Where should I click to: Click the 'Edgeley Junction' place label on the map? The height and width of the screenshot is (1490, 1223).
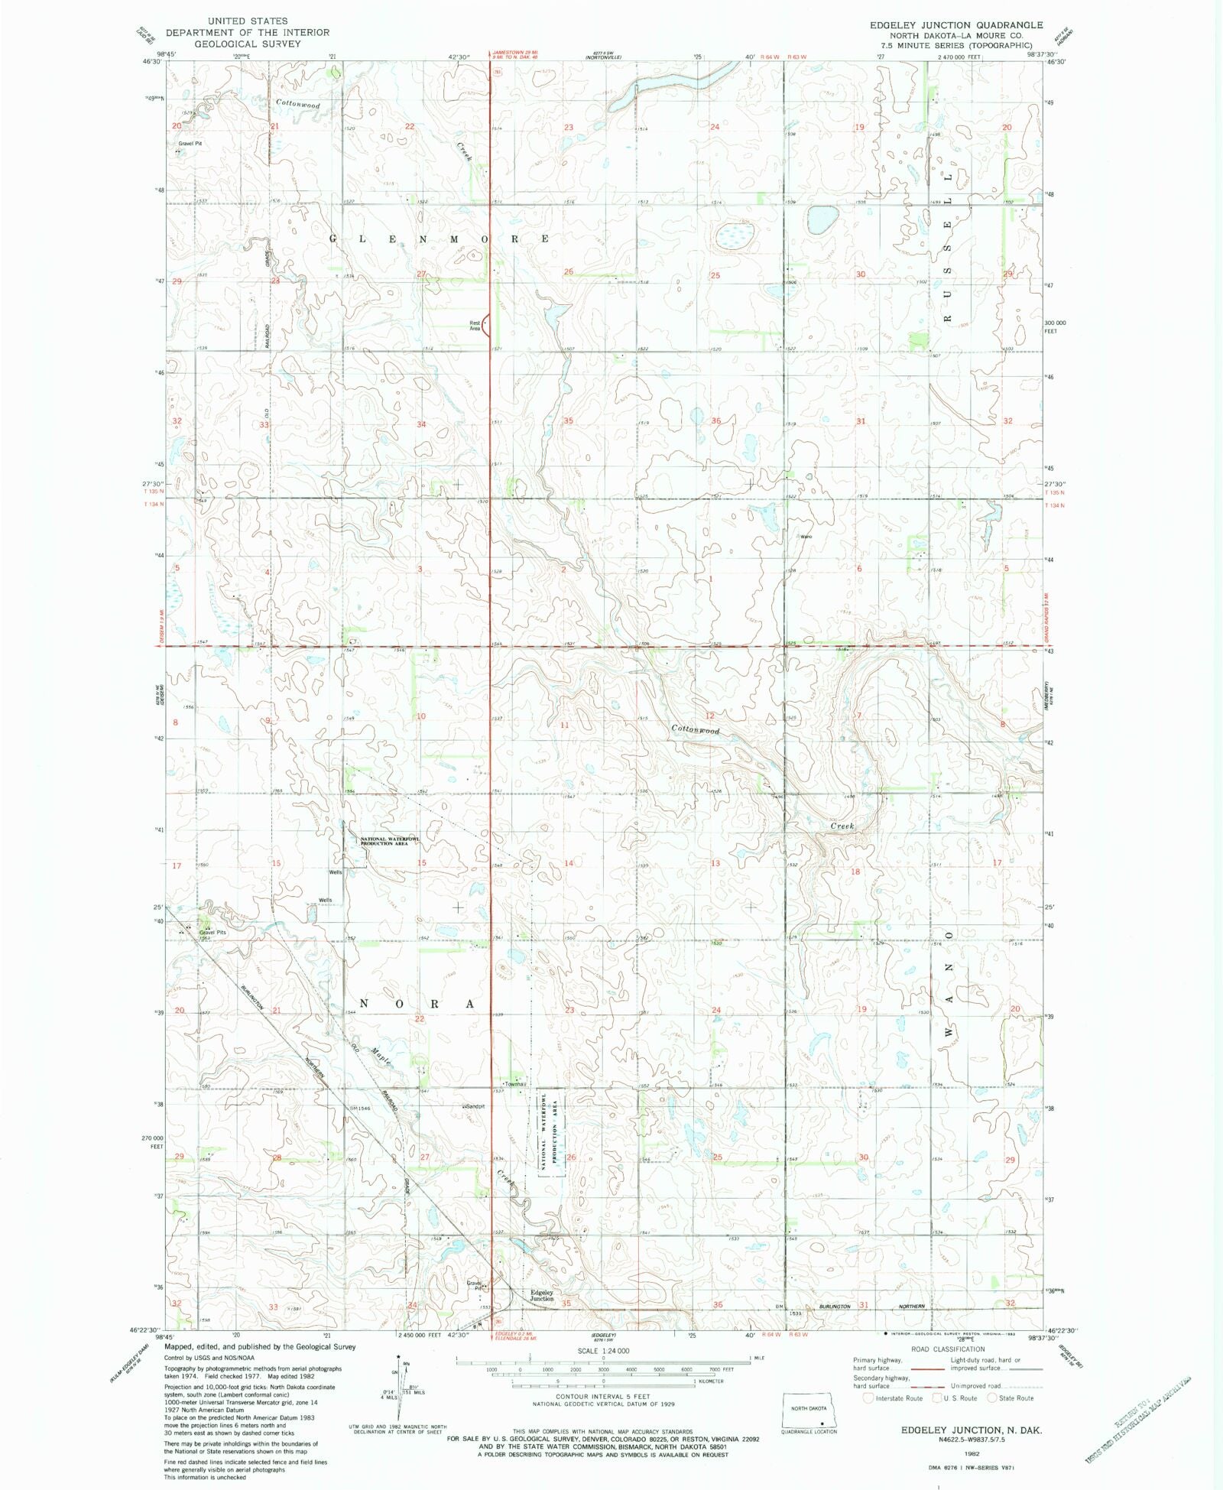tap(541, 1295)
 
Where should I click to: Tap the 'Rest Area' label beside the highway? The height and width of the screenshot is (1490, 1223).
tap(475, 326)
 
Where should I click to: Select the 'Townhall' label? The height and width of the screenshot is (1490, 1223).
tap(514, 1084)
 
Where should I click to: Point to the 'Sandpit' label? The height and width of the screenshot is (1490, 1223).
tap(474, 1106)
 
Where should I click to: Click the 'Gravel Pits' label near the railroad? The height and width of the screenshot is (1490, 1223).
tap(212, 932)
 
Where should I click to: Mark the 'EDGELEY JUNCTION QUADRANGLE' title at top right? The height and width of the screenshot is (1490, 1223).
tap(955, 25)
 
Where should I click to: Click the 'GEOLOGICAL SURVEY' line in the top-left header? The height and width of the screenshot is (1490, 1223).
tap(247, 44)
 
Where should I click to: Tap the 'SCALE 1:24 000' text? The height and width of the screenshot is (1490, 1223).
tap(603, 1351)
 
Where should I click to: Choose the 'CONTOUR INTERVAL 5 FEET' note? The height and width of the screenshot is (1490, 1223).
tap(603, 1397)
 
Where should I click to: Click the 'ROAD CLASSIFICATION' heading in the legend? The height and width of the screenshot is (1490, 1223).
tap(947, 1349)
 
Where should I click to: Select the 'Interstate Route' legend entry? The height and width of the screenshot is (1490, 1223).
tap(899, 1398)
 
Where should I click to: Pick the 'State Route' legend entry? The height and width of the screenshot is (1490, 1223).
tap(1016, 1398)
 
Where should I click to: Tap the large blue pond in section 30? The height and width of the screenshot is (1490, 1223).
tap(822, 221)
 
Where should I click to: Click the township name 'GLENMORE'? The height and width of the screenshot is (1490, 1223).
tap(440, 239)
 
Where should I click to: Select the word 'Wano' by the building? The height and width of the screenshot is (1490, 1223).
tap(806, 537)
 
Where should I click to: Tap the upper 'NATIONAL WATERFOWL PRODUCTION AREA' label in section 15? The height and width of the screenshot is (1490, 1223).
tap(390, 841)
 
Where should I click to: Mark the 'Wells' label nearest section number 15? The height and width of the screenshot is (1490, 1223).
tap(335, 872)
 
